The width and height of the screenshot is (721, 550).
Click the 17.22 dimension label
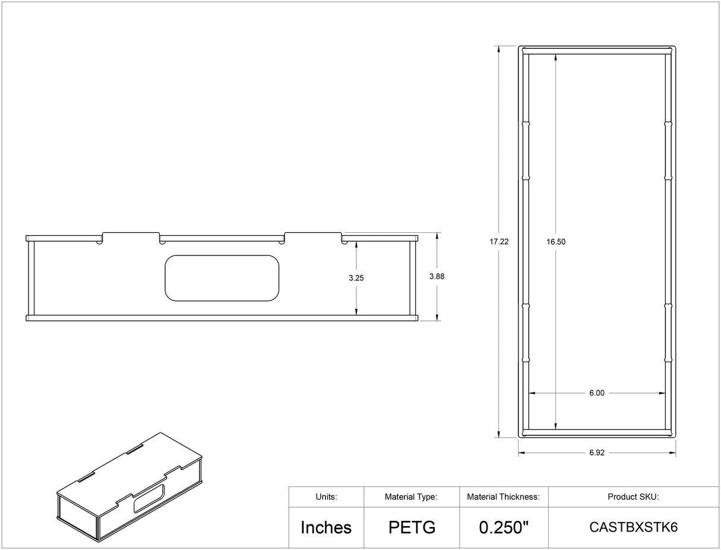[499, 242]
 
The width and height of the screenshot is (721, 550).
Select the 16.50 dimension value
[556, 242]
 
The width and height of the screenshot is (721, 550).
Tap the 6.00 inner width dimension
[597, 393]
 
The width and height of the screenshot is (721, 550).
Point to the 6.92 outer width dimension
[597, 453]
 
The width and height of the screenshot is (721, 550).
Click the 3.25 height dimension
[356, 278]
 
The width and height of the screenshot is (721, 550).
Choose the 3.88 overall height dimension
[437, 276]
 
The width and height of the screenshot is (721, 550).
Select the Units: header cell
[326, 497]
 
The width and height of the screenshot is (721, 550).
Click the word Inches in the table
[326, 527]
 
